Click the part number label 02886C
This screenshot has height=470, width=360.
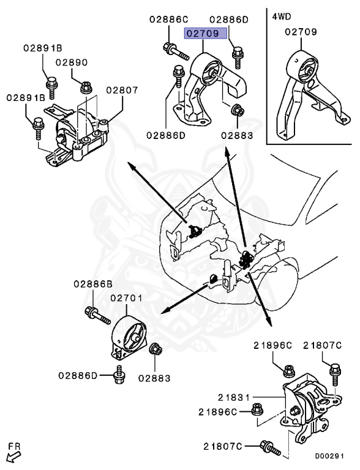(168, 20)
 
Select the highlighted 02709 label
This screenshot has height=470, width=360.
(205, 33)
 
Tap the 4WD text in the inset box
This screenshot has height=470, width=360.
(282, 16)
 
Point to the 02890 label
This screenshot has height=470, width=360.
(72, 62)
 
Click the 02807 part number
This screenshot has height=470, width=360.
(122, 90)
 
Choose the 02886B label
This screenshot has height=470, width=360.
(93, 283)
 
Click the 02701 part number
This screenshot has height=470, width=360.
(126, 298)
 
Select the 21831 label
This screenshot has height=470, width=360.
(234, 397)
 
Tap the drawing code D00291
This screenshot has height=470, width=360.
(329, 456)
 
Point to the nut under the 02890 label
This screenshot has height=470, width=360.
(86, 88)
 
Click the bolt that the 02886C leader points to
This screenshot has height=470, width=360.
(176, 51)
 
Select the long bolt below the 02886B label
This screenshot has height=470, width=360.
(97, 316)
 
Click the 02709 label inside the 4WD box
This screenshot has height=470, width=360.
(301, 32)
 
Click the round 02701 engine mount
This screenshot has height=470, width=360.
(129, 338)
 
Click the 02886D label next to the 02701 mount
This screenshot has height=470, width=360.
(78, 375)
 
